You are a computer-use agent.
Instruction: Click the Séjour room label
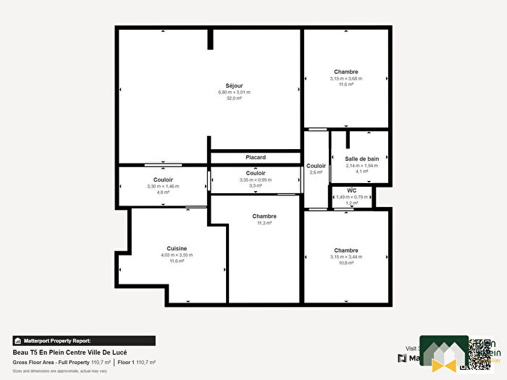(x=234, y=85)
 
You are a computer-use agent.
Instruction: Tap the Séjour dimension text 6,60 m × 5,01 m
(x=234, y=93)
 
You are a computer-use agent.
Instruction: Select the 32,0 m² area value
(x=234, y=98)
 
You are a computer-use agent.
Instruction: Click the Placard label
(x=256, y=157)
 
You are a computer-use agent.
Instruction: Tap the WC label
(x=352, y=190)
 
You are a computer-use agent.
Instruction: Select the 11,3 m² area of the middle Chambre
(x=264, y=223)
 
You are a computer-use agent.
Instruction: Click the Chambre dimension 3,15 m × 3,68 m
(x=346, y=78)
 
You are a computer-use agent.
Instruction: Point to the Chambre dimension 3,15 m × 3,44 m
(x=346, y=257)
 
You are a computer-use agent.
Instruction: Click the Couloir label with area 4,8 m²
(x=163, y=180)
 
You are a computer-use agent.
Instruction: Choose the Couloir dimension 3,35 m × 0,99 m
(x=256, y=180)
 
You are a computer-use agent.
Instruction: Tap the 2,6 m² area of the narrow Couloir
(x=316, y=172)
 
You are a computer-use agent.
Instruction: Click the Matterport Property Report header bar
(x=83, y=340)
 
